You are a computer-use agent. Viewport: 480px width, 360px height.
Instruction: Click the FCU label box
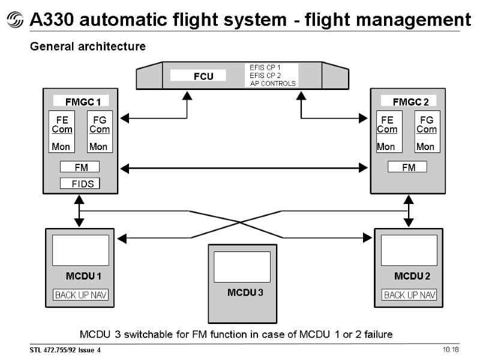[x=198, y=76]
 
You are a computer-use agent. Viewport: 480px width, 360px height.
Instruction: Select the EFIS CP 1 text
[x=265, y=67]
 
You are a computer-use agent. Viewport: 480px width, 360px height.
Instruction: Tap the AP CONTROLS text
[x=273, y=83]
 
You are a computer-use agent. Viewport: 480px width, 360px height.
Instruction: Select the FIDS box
[x=80, y=184]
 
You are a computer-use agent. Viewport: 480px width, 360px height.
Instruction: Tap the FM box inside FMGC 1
[x=80, y=167]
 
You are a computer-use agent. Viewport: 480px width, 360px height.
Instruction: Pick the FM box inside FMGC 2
[x=407, y=167]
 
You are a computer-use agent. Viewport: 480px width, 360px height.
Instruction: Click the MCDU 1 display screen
[x=80, y=250]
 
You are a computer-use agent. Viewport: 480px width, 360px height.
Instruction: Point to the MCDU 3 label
[x=245, y=292]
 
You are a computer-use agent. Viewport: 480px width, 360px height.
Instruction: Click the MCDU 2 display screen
[x=409, y=250]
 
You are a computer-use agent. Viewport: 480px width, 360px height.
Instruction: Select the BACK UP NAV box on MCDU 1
[x=81, y=295]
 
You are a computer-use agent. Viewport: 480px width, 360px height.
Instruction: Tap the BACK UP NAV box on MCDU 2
[x=409, y=295]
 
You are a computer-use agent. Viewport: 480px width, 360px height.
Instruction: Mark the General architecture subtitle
[x=88, y=46]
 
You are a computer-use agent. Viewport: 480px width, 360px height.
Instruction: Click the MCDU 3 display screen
[x=242, y=267]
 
